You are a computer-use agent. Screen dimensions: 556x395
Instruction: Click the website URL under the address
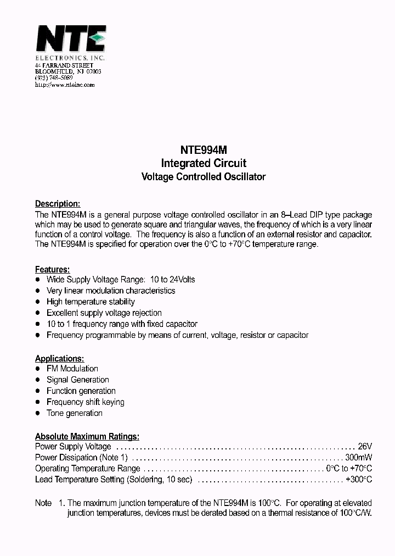[65, 85]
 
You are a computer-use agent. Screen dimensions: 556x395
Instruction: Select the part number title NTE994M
[203, 149]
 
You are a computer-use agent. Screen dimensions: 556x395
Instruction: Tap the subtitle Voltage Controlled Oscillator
[203, 177]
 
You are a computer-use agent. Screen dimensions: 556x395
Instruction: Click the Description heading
[58, 203]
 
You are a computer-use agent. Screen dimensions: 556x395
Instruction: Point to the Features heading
[52, 269]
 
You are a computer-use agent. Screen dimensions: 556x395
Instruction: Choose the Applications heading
[59, 358]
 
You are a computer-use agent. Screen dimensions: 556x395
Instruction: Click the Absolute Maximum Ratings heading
[87, 436]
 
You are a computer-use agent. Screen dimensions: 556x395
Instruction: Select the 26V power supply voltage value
[365, 447]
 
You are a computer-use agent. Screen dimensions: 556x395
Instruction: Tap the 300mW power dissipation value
[359, 458]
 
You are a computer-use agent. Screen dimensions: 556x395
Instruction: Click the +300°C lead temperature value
[359, 480]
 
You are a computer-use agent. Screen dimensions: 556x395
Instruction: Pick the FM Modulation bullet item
[72, 369]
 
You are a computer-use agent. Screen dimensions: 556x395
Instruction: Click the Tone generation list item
[74, 413]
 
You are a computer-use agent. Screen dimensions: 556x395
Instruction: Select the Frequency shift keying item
[85, 402]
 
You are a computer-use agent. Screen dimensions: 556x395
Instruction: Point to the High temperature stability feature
[91, 302]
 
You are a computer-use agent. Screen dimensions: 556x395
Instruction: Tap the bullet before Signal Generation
[38, 380]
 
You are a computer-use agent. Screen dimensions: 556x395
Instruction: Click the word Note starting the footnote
[43, 503]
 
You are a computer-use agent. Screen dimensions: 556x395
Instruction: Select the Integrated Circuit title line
[203, 163]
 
